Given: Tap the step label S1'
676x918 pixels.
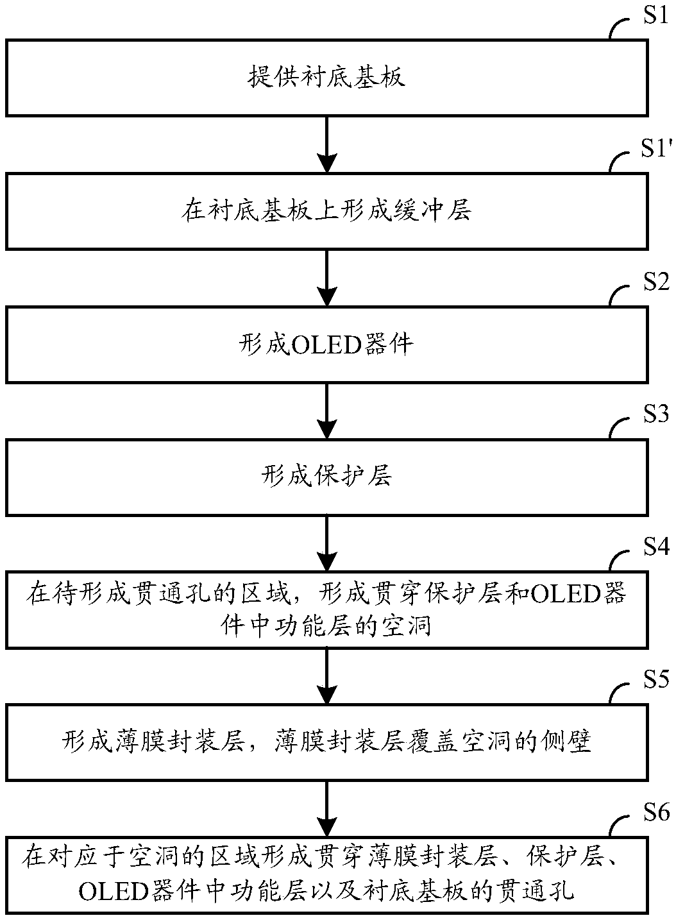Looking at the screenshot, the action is click(x=656, y=148).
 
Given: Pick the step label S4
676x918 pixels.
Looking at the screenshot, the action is click(x=656, y=547).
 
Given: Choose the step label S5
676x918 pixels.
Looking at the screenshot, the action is click(x=656, y=679).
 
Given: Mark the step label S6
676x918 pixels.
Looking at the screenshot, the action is click(x=656, y=812).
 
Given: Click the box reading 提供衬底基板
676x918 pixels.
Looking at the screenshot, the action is click(x=327, y=78).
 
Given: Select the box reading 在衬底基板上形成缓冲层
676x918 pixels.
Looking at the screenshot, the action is click(x=327, y=211).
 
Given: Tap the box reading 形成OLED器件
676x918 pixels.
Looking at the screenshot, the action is click(x=327, y=344).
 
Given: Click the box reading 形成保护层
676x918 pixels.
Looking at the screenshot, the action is click(x=327, y=477).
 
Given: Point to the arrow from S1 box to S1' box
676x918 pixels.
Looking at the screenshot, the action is click(x=327, y=145).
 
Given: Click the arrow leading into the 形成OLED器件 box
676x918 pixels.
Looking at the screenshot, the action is click(x=327, y=278).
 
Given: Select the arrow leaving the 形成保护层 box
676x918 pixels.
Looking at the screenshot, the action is click(x=327, y=544).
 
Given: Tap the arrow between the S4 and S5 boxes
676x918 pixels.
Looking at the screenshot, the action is click(x=327, y=677).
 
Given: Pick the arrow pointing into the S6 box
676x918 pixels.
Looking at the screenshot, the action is click(x=327, y=810).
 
